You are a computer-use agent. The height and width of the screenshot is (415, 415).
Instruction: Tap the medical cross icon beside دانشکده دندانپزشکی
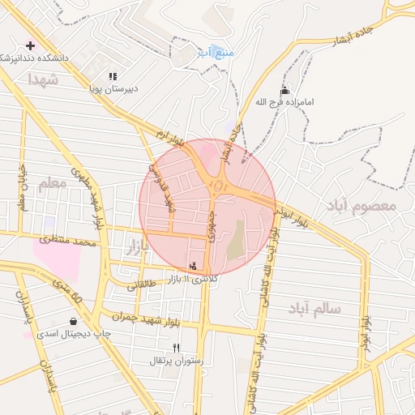pyautogui.click(x=31, y=45)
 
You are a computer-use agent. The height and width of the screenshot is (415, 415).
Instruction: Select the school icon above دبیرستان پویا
pyautogui.click(x=112, y=76)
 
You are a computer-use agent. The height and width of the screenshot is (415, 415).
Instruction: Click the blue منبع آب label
pyautogui.click(x=216, y=53)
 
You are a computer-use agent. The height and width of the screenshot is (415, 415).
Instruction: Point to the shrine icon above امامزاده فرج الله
pyautogui.click(x=284, y=91)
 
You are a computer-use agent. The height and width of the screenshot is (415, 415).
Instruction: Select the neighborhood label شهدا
pyautogui.click(x=42, y=79)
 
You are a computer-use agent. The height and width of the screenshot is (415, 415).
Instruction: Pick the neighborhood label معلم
pyautogui.click(x=51, y=184)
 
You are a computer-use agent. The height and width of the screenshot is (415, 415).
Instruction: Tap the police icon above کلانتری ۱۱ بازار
pyautogui.click(x=193, y=265)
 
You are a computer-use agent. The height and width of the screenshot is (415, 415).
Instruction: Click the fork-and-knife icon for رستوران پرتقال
pyautogui.click(x=176, y=348)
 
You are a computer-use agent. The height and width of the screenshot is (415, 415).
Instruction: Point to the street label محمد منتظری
pyautogui.click(x=68, y=242)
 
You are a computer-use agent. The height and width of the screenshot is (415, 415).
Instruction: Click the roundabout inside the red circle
pyautogui.click(x=220, y=188)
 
